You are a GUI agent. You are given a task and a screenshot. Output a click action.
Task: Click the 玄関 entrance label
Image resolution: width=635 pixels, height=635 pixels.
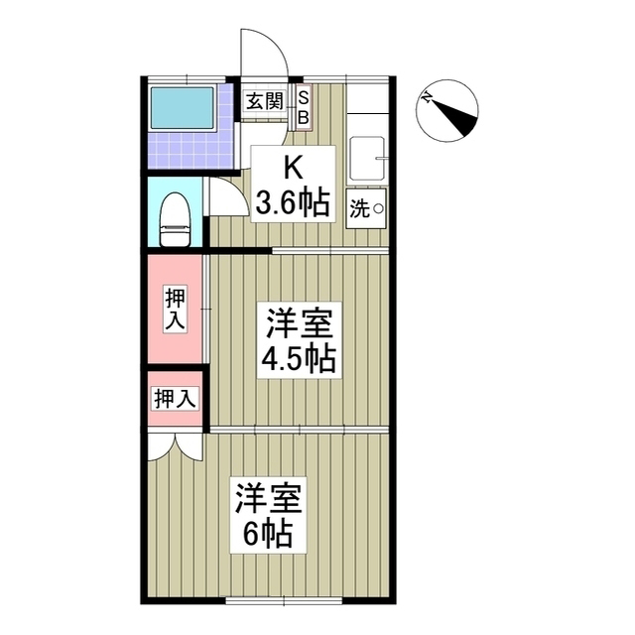[x=265, y=100]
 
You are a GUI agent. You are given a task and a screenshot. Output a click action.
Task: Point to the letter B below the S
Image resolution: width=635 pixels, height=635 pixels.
[x=304, y=116]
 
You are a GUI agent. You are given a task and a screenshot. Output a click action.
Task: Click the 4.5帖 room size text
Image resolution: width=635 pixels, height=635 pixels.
[x=298, y=359]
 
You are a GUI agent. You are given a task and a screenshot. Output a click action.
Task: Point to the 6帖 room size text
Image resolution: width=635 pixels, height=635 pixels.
[x=268, y=534]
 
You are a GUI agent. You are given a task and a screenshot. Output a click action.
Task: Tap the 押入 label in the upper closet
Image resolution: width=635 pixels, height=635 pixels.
[x=176, y=309]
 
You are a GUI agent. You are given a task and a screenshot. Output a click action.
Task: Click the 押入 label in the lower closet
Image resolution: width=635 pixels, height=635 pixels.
[x=175, y=399]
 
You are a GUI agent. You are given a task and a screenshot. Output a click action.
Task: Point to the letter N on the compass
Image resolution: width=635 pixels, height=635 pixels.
[x=426, y=98]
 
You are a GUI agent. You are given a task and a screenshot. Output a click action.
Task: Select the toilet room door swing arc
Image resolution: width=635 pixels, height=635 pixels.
[x=226, y=195]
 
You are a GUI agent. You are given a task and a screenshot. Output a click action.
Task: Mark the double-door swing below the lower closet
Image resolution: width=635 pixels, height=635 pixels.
[x=175, y=446]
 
